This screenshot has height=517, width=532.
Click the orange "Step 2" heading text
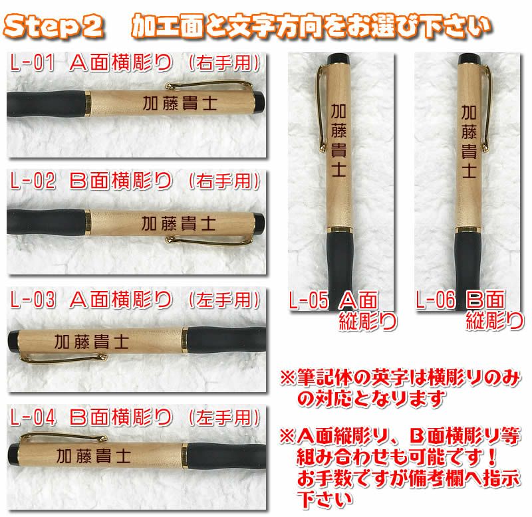[54, 27]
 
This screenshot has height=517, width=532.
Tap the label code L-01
[32, 62]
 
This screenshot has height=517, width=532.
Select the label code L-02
[33, 181]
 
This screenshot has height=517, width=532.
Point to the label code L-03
[33, 300]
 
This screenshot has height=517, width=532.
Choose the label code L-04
[33, 417]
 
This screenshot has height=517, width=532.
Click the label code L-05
[309, 300]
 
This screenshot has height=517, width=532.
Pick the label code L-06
[436, 300]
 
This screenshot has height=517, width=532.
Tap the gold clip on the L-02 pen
[209, 241]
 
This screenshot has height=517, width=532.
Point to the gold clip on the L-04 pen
[63, 437]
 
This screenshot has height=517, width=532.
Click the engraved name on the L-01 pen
[180, 103]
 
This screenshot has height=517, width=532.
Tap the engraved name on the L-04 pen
[94, 456]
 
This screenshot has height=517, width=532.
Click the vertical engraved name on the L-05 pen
[338, 140]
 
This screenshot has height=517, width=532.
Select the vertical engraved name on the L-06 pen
[469, 142]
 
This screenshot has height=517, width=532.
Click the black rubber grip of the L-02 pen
[46, 222]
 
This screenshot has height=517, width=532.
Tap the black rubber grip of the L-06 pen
[468, 264]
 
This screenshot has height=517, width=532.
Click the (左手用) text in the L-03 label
[224, 300]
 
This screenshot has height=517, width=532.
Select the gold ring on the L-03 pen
[184, 340]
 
